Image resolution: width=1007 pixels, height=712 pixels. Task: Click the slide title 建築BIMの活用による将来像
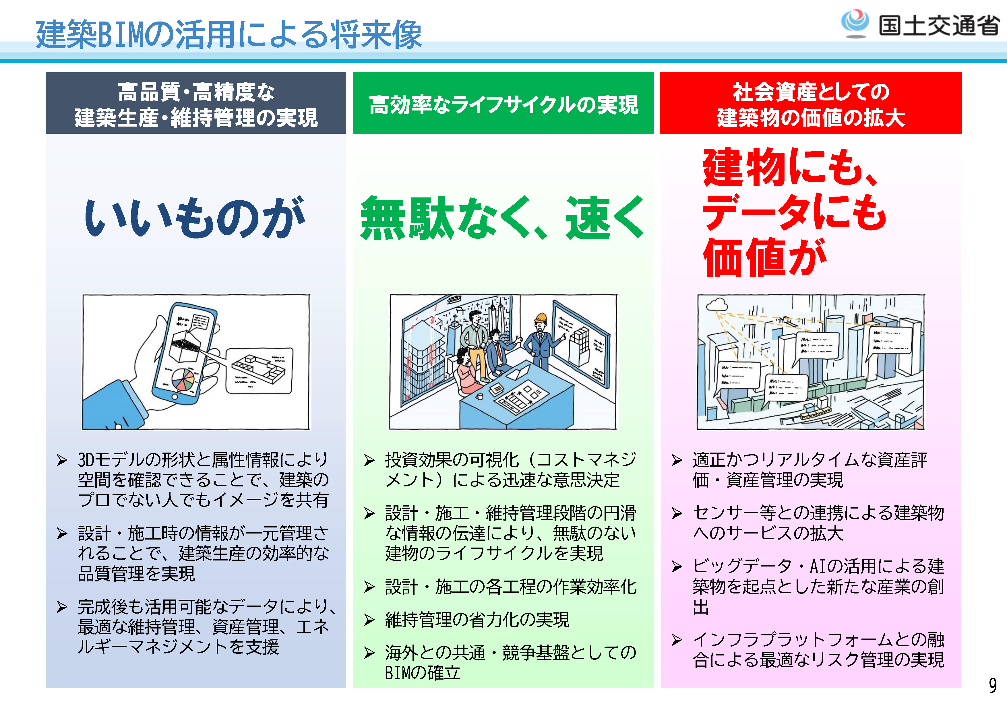(x=228, y=34)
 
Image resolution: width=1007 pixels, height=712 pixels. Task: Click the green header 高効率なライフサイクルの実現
(x=503, y=104)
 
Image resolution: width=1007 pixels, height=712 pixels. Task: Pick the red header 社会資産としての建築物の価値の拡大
(x=811, y=104)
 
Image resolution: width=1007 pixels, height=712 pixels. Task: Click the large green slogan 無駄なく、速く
(x=502, y=218)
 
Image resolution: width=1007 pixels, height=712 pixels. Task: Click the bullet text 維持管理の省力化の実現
(x=477, y=620)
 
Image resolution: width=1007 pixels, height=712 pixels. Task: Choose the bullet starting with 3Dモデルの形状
(x=203, y=479)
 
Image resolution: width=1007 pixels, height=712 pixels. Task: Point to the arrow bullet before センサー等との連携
(x=677, y=513)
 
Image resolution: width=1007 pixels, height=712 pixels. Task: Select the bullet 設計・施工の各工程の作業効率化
(x=510, y=587)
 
